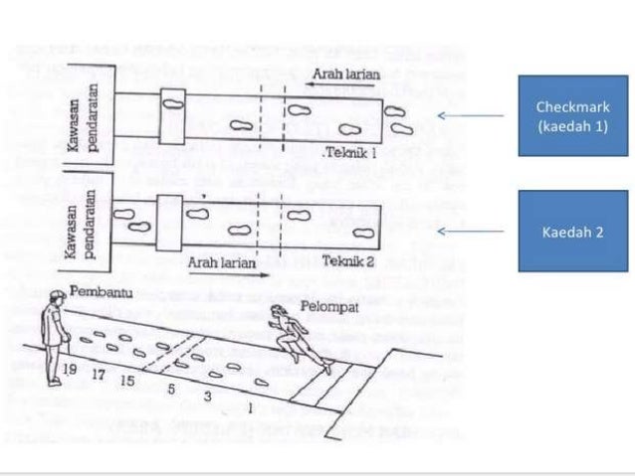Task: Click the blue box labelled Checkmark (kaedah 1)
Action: click(571, 116)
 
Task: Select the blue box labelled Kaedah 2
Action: click(571, 232)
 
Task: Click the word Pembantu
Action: click(97, 292)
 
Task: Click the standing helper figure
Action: click(54, 338)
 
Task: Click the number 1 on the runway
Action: click(249, 407)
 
